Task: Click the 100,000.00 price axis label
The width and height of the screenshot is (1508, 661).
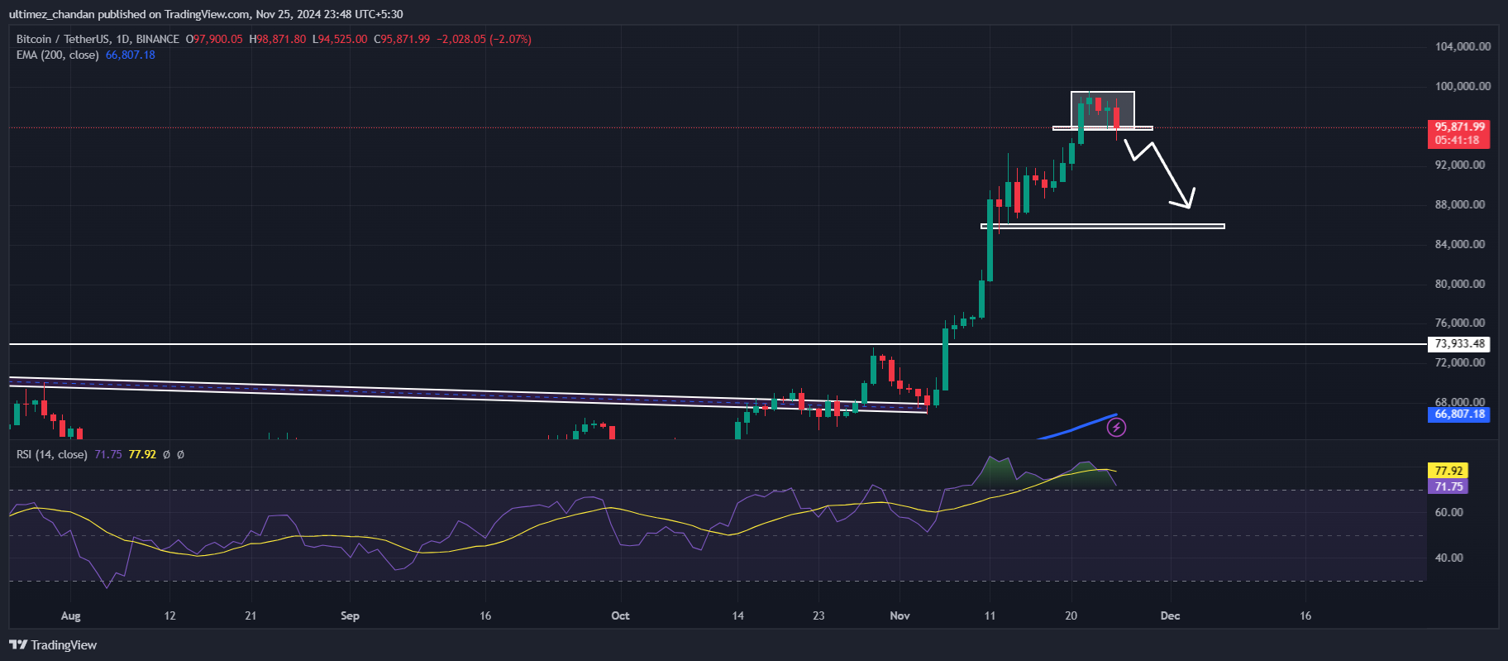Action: (1463, 86)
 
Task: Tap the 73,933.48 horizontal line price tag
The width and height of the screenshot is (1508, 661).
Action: (1459, 344)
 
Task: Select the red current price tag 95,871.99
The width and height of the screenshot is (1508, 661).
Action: (1459, 127)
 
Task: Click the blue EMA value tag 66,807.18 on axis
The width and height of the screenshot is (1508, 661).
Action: (1459, 414)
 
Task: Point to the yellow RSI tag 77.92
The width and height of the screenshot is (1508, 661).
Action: (1448, 471)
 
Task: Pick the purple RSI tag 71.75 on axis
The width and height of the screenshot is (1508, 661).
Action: (1448, 486)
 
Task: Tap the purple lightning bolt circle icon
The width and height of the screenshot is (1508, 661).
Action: (1116, 427)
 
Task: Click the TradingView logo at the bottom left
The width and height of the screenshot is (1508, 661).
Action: (53, 645)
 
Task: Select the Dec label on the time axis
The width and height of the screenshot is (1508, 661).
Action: (1170, 615)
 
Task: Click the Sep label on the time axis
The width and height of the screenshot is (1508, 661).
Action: (350, 615)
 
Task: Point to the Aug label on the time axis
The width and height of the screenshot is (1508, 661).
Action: (71, 615)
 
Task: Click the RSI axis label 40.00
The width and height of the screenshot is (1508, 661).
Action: (1448, 558)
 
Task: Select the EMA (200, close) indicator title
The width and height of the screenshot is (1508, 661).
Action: (57, 55)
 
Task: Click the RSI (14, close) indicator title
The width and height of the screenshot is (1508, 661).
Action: (51, 454)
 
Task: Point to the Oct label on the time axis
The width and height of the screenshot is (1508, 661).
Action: (620, 615)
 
